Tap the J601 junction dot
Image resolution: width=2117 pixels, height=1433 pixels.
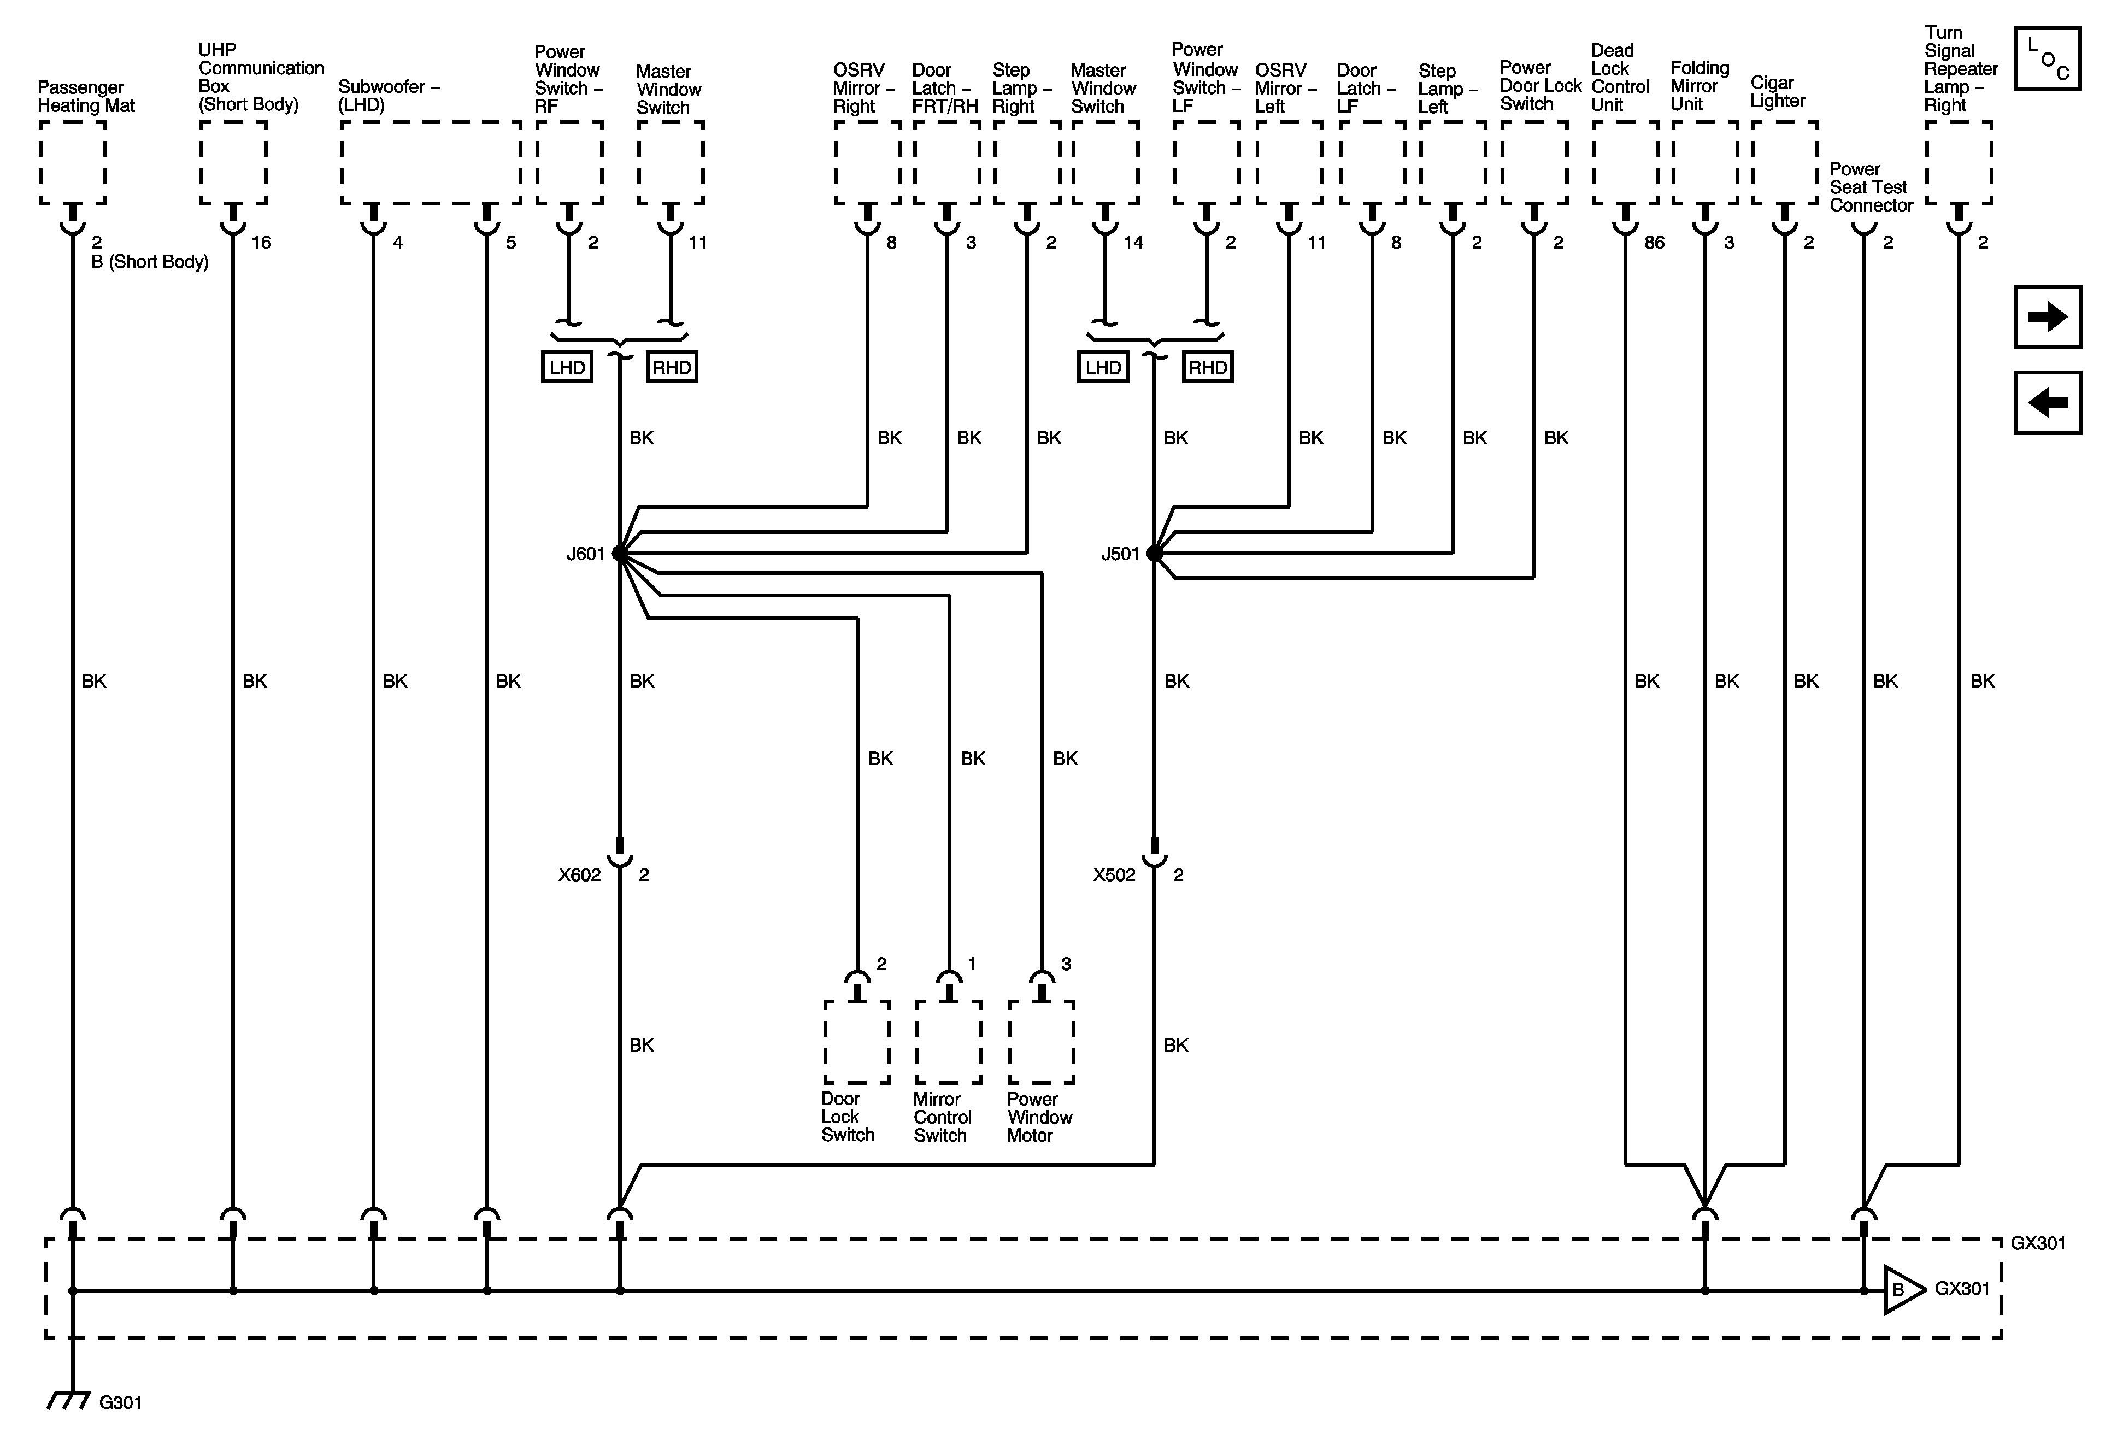[x=620, y=553]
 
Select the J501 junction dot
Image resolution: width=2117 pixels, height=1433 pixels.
[x=1154, y=553]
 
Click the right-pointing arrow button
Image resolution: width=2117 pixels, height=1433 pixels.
[x=2047, y=317]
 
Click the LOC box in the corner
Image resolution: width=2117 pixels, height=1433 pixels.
[x=2047, y=58]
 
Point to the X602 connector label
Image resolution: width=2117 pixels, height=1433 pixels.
[x=579, y=874]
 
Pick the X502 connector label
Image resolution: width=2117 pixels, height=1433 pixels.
[x=1114, y=874]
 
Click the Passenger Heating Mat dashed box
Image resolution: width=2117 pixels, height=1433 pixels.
[x=73, y=162]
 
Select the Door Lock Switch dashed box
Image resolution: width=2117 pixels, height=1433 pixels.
[x=856, y=1042]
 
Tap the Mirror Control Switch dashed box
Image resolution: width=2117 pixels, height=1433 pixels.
[x=948, y=1042]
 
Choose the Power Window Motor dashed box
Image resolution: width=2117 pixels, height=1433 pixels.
[x=1041, y=1042]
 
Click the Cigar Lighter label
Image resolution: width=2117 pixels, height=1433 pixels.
[x=1777, y=91]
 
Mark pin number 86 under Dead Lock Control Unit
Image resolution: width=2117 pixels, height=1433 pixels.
[x=1654, y=242]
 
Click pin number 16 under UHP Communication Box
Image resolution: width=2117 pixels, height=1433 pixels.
[x=261, y=242]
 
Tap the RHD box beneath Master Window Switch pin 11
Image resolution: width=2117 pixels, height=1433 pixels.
[x=672, y=367]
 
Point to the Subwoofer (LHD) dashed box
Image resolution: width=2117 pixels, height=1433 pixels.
[x=430, y=162]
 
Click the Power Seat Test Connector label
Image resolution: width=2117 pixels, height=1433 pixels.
[x=1870, y=187]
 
